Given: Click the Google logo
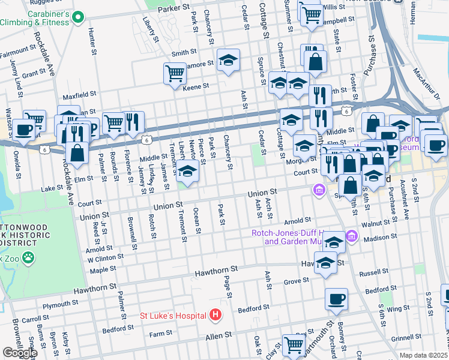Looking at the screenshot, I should click(19, 352).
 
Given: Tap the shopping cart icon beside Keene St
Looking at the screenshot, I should click(175, 73).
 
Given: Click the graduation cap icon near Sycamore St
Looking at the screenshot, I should click(228, 60).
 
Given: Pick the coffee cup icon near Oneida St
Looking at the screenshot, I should click(24, 128).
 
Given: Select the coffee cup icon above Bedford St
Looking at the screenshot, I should click(336, 298).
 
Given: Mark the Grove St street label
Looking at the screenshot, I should click(296, 280).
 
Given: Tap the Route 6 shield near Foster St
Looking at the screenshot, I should click(346, 112).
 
